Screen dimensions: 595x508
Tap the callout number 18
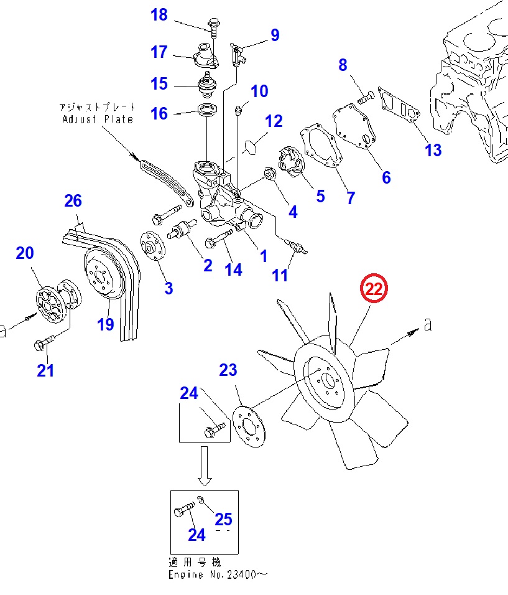click(x=159, y=14)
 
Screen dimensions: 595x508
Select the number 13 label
click(x=433, y=149)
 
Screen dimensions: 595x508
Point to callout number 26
click(x=73, y=200)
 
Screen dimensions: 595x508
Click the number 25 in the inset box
click(x=224, y=518)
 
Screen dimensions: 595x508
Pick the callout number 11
click(x=281, y=274)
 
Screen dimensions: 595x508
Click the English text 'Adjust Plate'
click(x=98, y=119)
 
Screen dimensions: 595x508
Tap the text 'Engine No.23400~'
click(x=218, y=574)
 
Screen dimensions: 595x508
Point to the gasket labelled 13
click(x=402, y=106)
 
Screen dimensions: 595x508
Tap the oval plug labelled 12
click(x=251, y=146)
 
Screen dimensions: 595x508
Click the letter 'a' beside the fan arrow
click(x=427, y=324)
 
